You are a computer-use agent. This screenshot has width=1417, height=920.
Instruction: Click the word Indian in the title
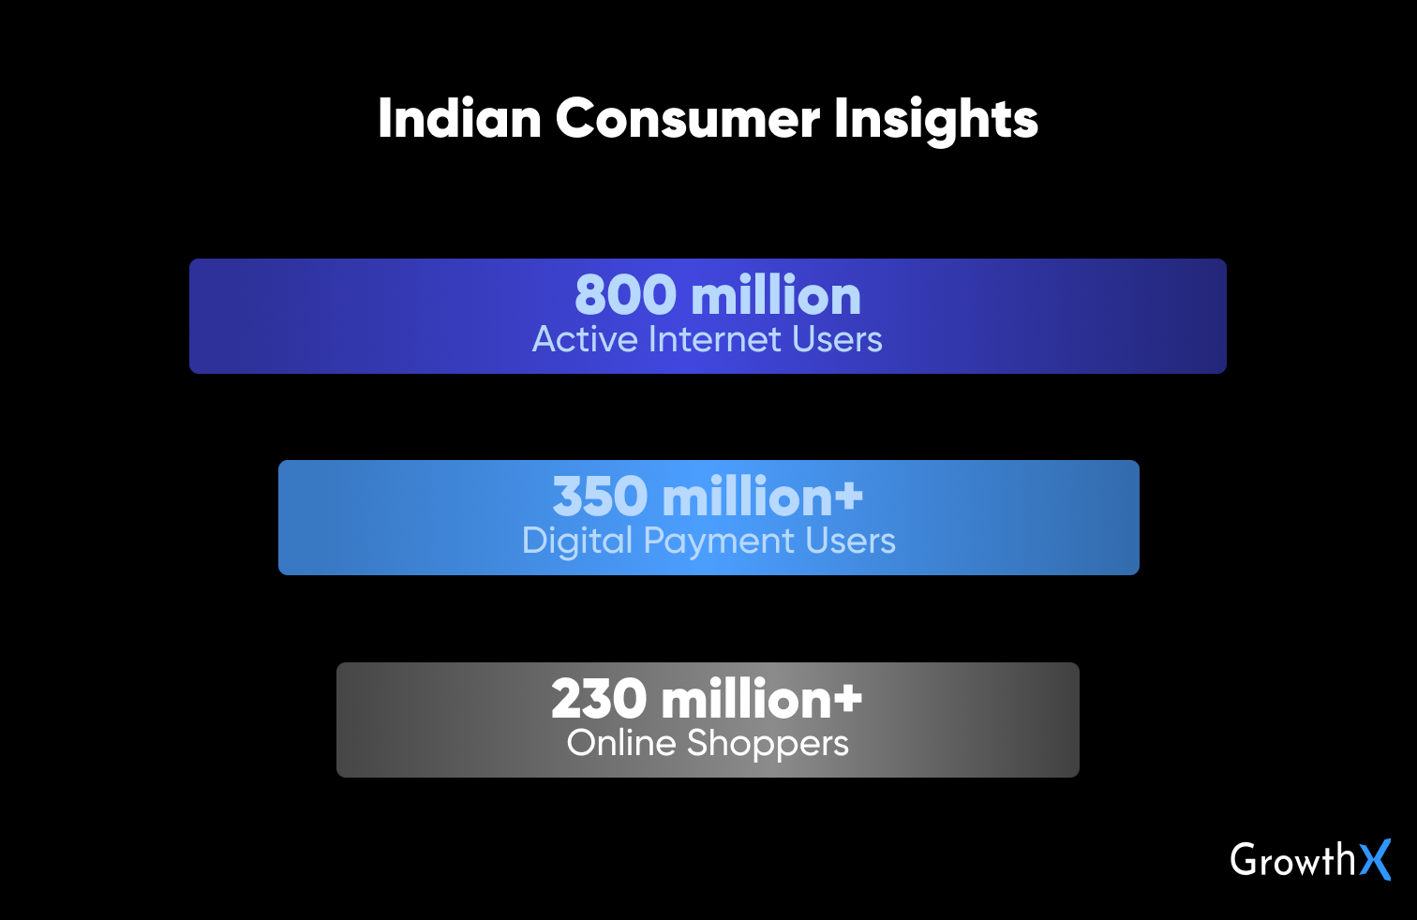click(459, 118)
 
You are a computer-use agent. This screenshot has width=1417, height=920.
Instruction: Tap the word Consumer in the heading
click(688, 119)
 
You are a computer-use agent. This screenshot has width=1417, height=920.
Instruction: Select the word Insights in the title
click(936, 122)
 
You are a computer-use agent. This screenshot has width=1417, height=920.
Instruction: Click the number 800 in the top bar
click(626, 295)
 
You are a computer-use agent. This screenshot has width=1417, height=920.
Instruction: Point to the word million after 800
click(776, 295)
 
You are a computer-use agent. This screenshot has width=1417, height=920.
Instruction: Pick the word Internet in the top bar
click(714, 339)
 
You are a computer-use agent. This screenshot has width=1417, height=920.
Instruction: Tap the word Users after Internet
click(836, 339)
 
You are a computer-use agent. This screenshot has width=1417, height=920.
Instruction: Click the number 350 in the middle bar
click(601, 497)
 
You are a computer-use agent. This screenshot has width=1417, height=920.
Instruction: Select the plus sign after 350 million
click(847, 495)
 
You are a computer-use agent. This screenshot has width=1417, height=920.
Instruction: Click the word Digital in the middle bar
click(577, 542)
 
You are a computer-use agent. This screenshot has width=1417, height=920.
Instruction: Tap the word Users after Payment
click(850, 542)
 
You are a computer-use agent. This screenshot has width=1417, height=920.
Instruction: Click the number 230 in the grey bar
click(599, 699)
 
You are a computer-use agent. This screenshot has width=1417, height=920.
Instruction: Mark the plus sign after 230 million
click(847, 697)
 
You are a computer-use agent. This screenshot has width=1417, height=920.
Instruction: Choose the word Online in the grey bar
click(621, 743)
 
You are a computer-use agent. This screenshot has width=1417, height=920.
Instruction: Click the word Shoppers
click(768, 744)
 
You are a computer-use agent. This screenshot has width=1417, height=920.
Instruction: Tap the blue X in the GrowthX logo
click(1375, 859)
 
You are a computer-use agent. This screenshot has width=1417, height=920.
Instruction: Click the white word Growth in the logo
click(1293, 859)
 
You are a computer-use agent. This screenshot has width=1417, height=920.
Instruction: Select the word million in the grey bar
click(746, 699)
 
